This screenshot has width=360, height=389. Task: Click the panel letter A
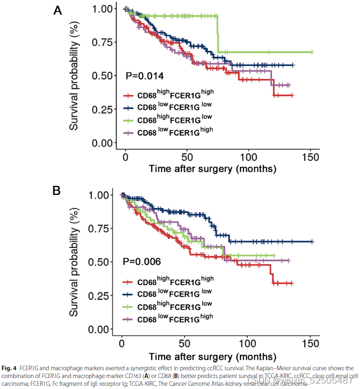coord(58,10)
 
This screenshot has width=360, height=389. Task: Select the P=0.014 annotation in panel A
coord(145,76)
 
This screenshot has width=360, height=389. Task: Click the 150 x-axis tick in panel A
coord(310,157)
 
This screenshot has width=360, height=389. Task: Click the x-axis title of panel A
coord(212,169)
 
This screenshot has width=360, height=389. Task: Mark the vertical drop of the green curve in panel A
coord(218,34)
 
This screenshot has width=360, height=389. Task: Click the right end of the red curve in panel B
coord(292,283)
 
